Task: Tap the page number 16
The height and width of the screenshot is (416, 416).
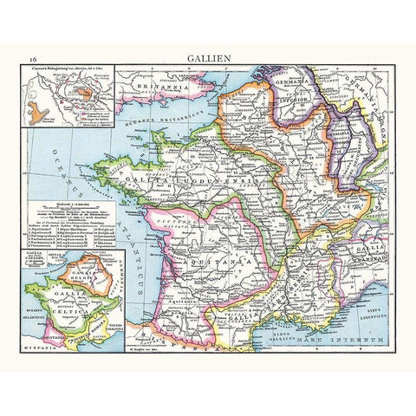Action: pyautogui.click(x=31, y=58)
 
